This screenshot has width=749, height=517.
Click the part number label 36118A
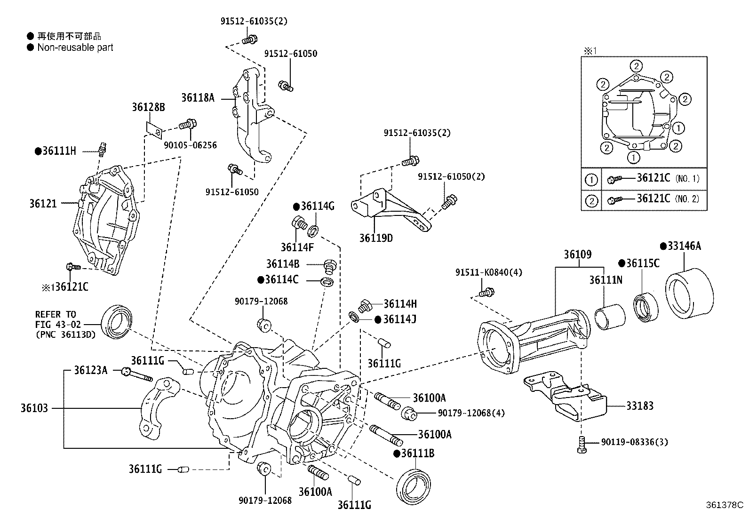pos(198,98)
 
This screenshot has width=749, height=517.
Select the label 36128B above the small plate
pos(148,108)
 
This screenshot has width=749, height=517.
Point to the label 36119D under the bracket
pos(376,238)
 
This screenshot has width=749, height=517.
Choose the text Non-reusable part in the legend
pos(75,48)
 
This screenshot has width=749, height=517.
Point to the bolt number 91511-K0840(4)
pos(488,272)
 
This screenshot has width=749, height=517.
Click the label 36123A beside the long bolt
pos(90,371)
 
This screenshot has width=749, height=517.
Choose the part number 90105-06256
pos(190,145)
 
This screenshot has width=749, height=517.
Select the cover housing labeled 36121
pos(106,221)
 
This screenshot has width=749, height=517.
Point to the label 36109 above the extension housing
pos(578,255)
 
